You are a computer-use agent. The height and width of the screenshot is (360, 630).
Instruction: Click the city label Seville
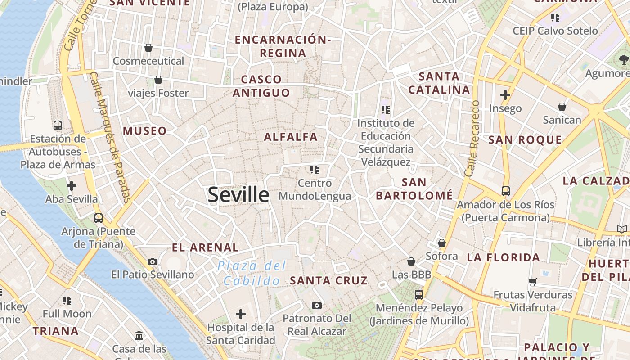(x=238, y=195)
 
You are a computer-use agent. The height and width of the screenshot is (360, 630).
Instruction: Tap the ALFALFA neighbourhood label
(x=291, y=137)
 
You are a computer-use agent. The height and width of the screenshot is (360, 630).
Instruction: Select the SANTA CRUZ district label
(x=329, y=281)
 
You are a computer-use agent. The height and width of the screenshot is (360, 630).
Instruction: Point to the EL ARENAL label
(x=205, y=247)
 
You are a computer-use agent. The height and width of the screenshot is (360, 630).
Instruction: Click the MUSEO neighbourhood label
(x=145, y=131)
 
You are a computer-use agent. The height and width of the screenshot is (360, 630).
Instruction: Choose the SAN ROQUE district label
(x=525, y=140)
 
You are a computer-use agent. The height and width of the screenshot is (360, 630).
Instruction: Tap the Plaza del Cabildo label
(x=252, y=273)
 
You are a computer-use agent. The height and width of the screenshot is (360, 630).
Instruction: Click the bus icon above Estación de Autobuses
(x=58, y=126)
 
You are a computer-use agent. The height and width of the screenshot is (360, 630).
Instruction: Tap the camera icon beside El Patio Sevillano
(x=153, y=262)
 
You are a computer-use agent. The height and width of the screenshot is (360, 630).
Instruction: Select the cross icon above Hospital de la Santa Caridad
(x=241, y=314)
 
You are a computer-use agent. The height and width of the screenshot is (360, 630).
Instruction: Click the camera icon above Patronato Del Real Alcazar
(x=317, y=306)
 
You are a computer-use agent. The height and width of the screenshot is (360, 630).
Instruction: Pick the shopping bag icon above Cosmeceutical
(x=148, y=48)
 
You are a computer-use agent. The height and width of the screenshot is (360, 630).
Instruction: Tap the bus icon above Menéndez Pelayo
(x=419, y=295)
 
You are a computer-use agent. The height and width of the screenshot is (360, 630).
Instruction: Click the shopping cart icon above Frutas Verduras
(x=533, y=282)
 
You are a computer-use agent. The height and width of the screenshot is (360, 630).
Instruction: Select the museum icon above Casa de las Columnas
(x=139, y=336)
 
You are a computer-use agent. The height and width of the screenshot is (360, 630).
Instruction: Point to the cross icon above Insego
(x=505, y=95)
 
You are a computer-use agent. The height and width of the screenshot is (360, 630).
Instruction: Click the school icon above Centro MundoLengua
(x=315, y=170)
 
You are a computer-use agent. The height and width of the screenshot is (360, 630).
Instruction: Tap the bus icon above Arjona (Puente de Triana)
(x=99, y=218)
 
